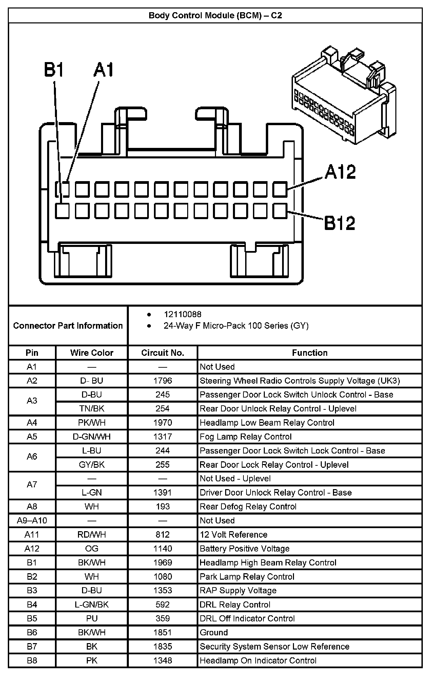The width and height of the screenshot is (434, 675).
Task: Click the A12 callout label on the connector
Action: coord(340,172)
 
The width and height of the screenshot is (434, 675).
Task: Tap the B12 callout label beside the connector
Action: coord(339,223)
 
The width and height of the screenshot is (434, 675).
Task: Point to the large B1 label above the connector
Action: coord(54,70)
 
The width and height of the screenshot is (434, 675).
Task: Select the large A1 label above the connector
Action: coord(104,70)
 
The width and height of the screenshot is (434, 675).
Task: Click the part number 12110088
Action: coord(182,314)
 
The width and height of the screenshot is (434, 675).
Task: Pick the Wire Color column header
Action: coord(92,353)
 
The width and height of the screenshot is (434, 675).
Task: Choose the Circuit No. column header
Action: coord(162,353)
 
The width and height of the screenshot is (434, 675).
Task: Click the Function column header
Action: coord(310,353)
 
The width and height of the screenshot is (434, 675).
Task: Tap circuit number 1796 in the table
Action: coord(162,381)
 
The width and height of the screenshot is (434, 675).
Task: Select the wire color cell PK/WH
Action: coord(92,423)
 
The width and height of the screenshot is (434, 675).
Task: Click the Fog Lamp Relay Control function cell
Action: coord(245,437)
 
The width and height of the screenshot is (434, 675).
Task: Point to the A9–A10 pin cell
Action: coord(32,520)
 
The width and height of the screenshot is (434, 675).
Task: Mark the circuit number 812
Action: coord(162,535)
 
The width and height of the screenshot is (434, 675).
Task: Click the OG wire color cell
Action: coord(92,548)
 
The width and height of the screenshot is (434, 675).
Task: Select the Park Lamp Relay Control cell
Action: coord(247,577)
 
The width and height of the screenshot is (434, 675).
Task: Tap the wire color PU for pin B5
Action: coord(92,618)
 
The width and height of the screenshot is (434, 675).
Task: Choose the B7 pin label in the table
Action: coord(32,647)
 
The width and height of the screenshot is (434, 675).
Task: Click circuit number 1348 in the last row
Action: coord(162,660)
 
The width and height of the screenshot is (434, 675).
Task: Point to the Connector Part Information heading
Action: coord(68,326)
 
